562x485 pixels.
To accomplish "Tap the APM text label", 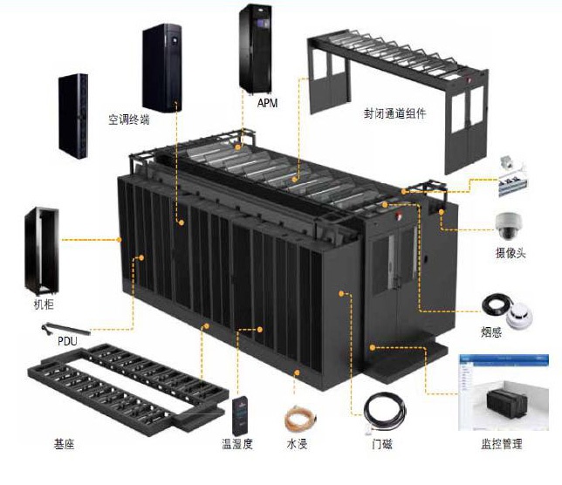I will pyautogui.click(x=267, y=103).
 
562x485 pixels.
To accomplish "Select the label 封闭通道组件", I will pyautogui.click(x=395, y=113).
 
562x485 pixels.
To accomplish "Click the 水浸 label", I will pyautogui.click(x=298, y=444).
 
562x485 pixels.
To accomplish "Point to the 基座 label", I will pyautogui.click(x=64, y=444).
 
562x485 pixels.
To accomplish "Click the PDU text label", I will pyautogui.click(x=67, y=340).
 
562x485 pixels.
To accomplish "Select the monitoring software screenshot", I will pyautogui.click(x=504, y=393).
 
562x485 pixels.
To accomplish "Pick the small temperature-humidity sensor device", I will pyautogui.click(x=240, y=414).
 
